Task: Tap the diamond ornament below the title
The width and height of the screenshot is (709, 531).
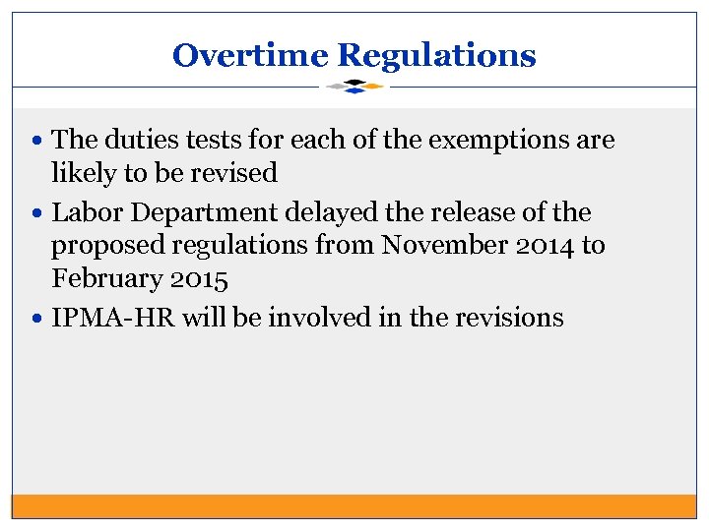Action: coord(354,87)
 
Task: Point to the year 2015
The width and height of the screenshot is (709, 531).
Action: coord(200,279)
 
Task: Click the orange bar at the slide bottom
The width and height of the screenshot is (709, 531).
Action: coord(354,505)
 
